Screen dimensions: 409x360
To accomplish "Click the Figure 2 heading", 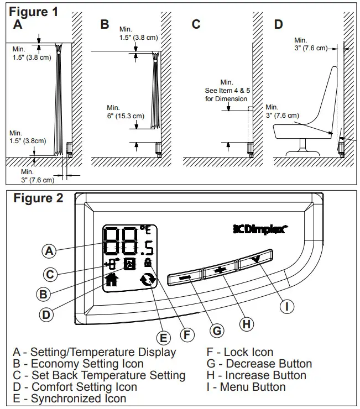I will pyautogui.click(x=38, y=198).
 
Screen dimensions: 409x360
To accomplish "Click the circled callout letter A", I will pyautogui.click(x=50, y=250).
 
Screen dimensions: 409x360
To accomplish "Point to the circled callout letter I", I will pyautogui.click(x=286, y=306).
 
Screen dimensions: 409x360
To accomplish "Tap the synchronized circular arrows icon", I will pyautogui.click(x=148, y=281).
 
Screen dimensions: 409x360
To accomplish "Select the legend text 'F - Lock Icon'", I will pyautogui.click(x=240, y=352).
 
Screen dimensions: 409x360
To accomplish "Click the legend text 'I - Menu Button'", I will pyautogui.click(x=246, y=387).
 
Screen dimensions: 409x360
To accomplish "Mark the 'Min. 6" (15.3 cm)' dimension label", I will pyautogui.click(x=125, y=112).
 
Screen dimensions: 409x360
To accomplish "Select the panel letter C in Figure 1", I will pyautogui.click(x=196, y=25).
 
